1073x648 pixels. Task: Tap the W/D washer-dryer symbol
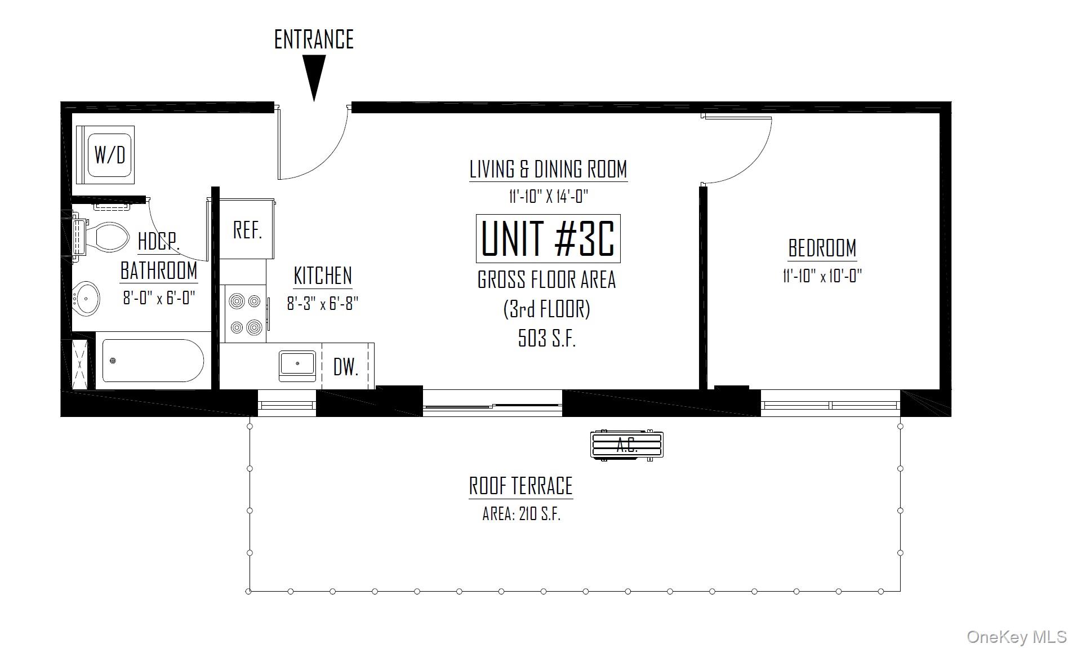pyautogui.click(x=110, y=154)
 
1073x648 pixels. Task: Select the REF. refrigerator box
pyautogui.click(x=247, y=230)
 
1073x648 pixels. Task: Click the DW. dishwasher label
pyautogui.click(x=345, y=367)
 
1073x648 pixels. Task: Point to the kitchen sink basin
pyautogui.click(x=297, y=365)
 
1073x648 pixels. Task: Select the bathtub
pyautogui.click(x=153, y=361)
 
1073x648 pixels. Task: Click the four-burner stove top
pyautogui.click(x=246, y=314)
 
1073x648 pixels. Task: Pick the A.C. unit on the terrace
pyautogui.click(x=627, y=445)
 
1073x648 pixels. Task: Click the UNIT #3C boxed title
pyautogui.click(x=548, y=239)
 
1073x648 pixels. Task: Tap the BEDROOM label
pyautogui.click(x=822, y=248)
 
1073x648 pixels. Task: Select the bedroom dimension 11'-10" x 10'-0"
pyautogui.click(x=822, y=276)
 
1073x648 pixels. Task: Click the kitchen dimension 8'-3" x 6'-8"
pyautogui.click(x=322, y=304)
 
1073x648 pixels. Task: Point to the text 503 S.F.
pyautogui.click(x=546, y=338)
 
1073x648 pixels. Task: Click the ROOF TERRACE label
pyautogui.click(x=520, y=486)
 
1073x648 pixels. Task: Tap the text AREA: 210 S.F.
pyautogui.click(x=521, y=514)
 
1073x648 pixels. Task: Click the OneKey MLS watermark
pyautogui.click(x=1016, y=637)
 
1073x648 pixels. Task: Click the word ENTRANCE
pyautogui.click(x=314, y=39)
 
